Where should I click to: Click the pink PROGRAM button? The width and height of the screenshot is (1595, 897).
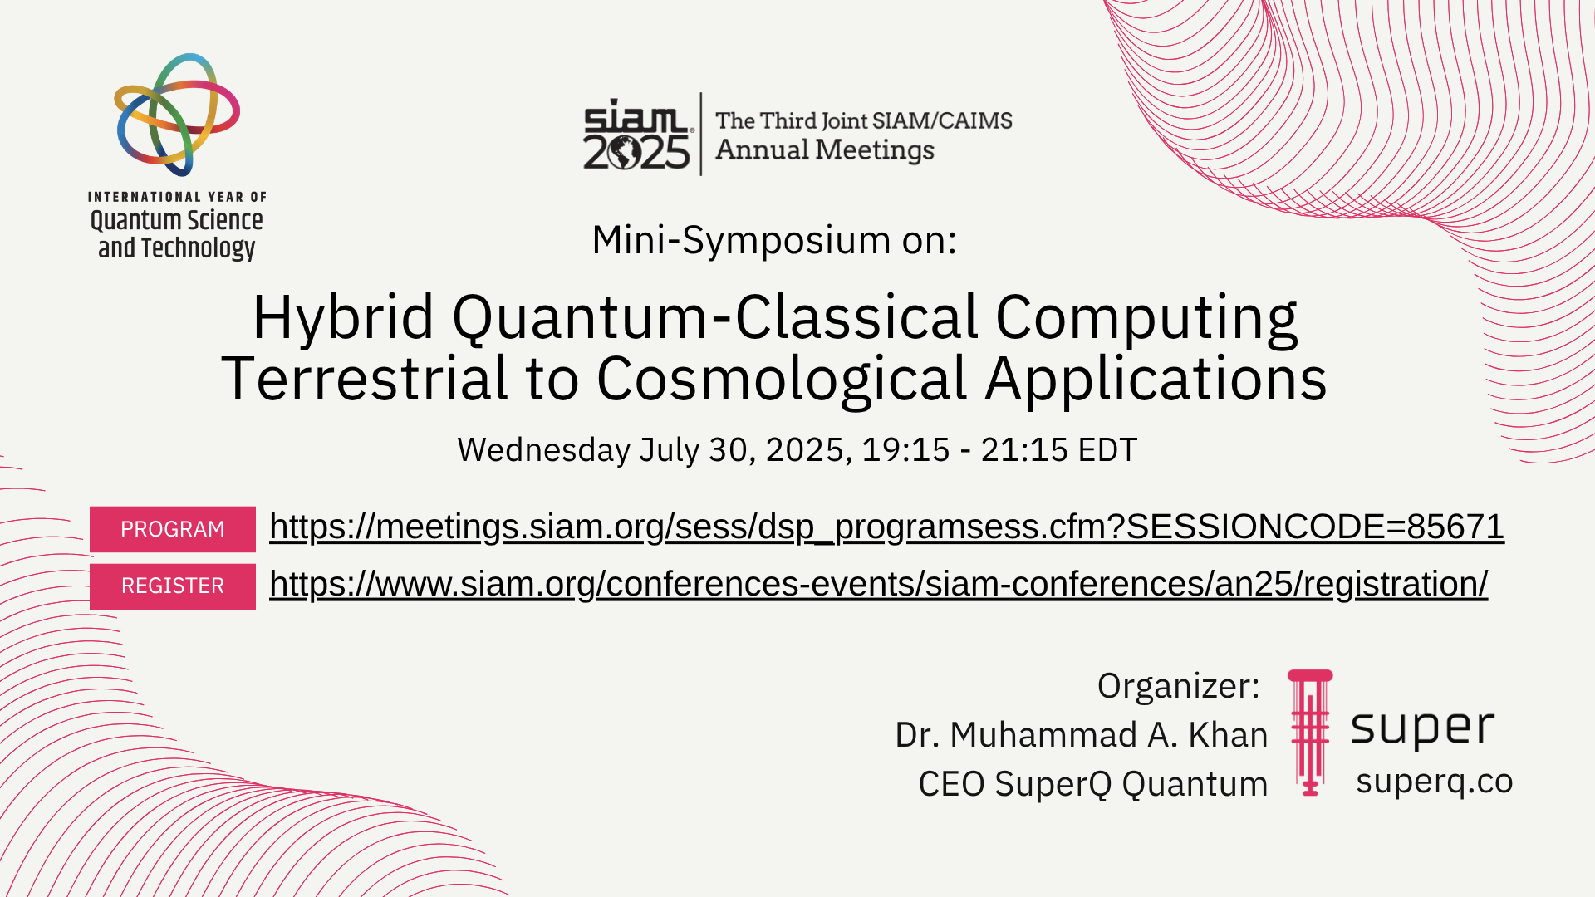point(173,529)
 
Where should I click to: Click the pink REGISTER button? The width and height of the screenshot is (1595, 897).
point(173,586)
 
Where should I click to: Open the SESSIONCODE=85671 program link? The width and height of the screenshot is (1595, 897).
point(886,527)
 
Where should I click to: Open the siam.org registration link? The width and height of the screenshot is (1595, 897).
point(878,585)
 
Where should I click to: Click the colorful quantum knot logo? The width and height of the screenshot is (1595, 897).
point(178,115)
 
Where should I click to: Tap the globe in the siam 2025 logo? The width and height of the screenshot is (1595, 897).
point(624,153)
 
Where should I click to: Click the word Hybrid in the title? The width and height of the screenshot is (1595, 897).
point(343,319)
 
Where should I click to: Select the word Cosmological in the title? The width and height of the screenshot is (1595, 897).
point(782,380)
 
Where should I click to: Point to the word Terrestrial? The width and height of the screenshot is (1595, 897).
point(364,378)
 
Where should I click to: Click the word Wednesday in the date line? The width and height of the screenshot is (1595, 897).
point(544,450)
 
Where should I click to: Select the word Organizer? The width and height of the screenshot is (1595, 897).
point(1179,687)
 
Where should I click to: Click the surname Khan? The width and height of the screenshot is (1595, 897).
point(1228,735)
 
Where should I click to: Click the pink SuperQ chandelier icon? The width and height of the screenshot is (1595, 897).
point(1310,733)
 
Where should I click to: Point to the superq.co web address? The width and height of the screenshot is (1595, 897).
point(1435,782)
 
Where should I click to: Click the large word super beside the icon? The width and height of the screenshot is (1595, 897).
point(1422,728)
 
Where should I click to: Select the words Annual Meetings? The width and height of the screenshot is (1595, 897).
point(825,150)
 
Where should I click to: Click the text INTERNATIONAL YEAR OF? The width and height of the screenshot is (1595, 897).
point(177,197)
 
